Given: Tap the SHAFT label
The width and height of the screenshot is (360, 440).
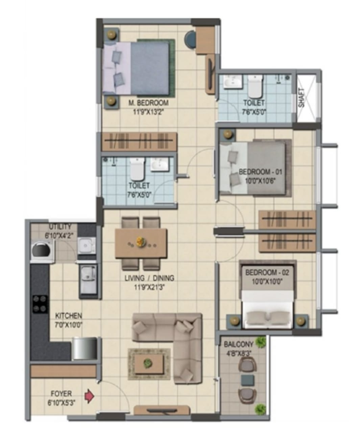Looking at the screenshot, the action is point(301,98).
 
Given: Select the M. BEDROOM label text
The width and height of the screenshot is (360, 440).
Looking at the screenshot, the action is point(148,103).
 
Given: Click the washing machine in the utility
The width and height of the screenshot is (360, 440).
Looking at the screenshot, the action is point(42,250).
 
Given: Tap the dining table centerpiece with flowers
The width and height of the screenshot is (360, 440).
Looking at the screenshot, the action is point(139,242).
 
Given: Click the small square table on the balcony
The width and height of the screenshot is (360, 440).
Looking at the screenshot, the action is point(247,380).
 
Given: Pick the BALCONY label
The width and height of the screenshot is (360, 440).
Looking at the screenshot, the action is point(239,344).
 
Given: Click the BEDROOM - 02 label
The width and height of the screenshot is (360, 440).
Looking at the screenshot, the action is point(267,273).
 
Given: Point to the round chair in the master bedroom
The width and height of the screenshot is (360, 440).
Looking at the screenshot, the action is point(190,40).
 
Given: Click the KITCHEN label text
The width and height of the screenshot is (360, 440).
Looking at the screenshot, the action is point(69,316).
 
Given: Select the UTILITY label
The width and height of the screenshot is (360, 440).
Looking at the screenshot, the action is point(60,226).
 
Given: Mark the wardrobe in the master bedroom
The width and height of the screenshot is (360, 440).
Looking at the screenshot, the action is point(139,142).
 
